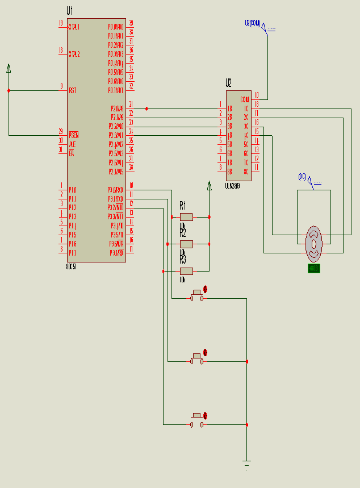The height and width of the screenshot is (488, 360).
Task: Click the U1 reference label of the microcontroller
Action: click(x=70, y=11)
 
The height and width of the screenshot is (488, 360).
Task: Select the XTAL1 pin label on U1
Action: click(x=74, y=27)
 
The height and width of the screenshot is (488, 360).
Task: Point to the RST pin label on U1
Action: click(x=73, y=90)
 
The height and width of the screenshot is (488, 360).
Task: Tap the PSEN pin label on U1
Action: click(x=73, y=135)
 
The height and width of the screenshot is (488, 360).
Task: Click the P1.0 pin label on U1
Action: click(x=72, y=190)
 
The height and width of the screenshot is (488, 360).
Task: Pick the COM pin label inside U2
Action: click(x=245, y=99)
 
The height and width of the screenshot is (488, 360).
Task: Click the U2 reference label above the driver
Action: click(x=228, y=83)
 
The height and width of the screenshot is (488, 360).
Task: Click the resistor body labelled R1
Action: click(x=186, y=216)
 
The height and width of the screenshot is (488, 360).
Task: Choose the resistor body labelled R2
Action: click(x=186, y=244)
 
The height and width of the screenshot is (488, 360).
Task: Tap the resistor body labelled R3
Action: click(x=186, y=271)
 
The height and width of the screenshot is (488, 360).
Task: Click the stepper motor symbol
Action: click(x=313, y=241)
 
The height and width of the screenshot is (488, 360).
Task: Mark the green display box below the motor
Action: click(x=313, y=268)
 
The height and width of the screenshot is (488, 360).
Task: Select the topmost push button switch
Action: click(x=197, y=295)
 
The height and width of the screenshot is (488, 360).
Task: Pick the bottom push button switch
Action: click(x=197, y=421)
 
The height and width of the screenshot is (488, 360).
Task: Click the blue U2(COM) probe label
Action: click(x=253, y=23)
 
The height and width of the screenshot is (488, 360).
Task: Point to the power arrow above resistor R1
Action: click(x=210, y=186)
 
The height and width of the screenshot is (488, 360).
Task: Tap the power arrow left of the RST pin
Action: click(x=9, y=69)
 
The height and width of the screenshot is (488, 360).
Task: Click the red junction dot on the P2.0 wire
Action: click(x=146, y=109)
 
